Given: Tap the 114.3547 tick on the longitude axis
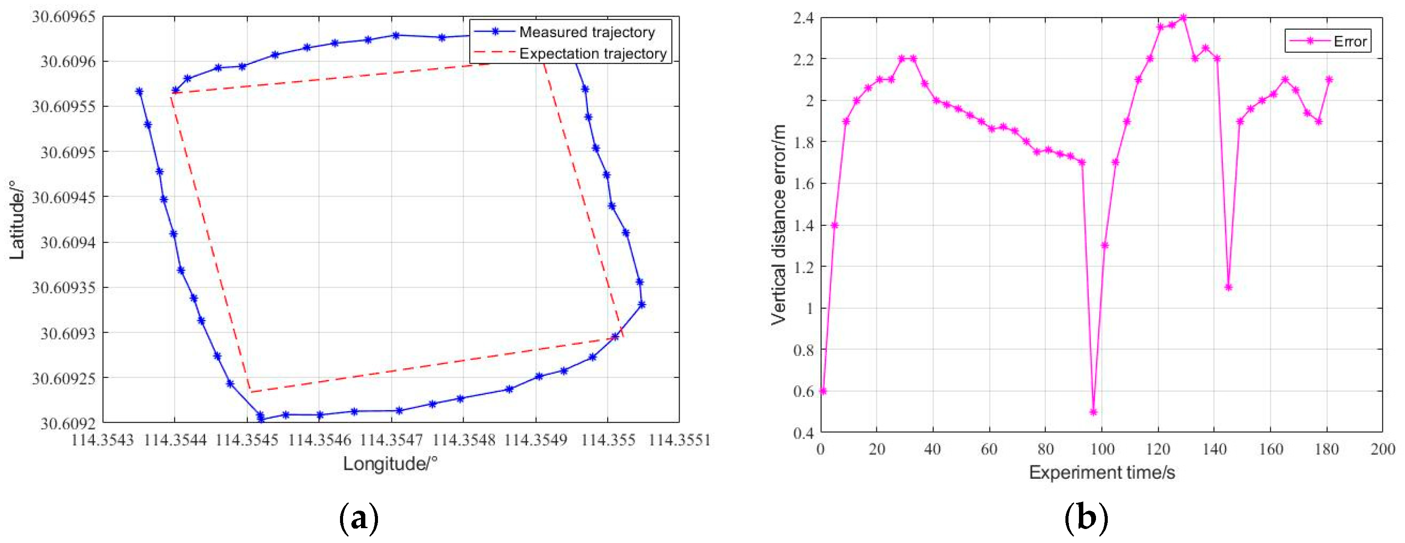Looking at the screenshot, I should (x=391, y=440).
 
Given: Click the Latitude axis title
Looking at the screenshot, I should (x=17, y=219).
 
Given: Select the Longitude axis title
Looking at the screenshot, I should (x=390, y=464).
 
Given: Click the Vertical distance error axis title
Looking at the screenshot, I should (x=778, y=225).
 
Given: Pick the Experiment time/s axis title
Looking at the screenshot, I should (x=1101, y=473).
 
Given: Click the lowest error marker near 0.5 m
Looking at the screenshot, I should (x=1093, y=412).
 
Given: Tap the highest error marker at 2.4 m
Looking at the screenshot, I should (x=1183, y=17).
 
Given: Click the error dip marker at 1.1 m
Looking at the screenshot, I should (x=1228, y=287).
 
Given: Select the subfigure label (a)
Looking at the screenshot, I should (x=358, y=517).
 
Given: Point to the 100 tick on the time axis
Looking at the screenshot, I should (x=1102, y=450).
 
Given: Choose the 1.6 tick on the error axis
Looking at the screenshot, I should (x=803, y=184).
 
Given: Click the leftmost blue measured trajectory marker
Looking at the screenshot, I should (x=139, y=91).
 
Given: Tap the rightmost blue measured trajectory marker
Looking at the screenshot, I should (x=642, y=304).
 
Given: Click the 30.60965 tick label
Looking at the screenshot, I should (x=63, y=16).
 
